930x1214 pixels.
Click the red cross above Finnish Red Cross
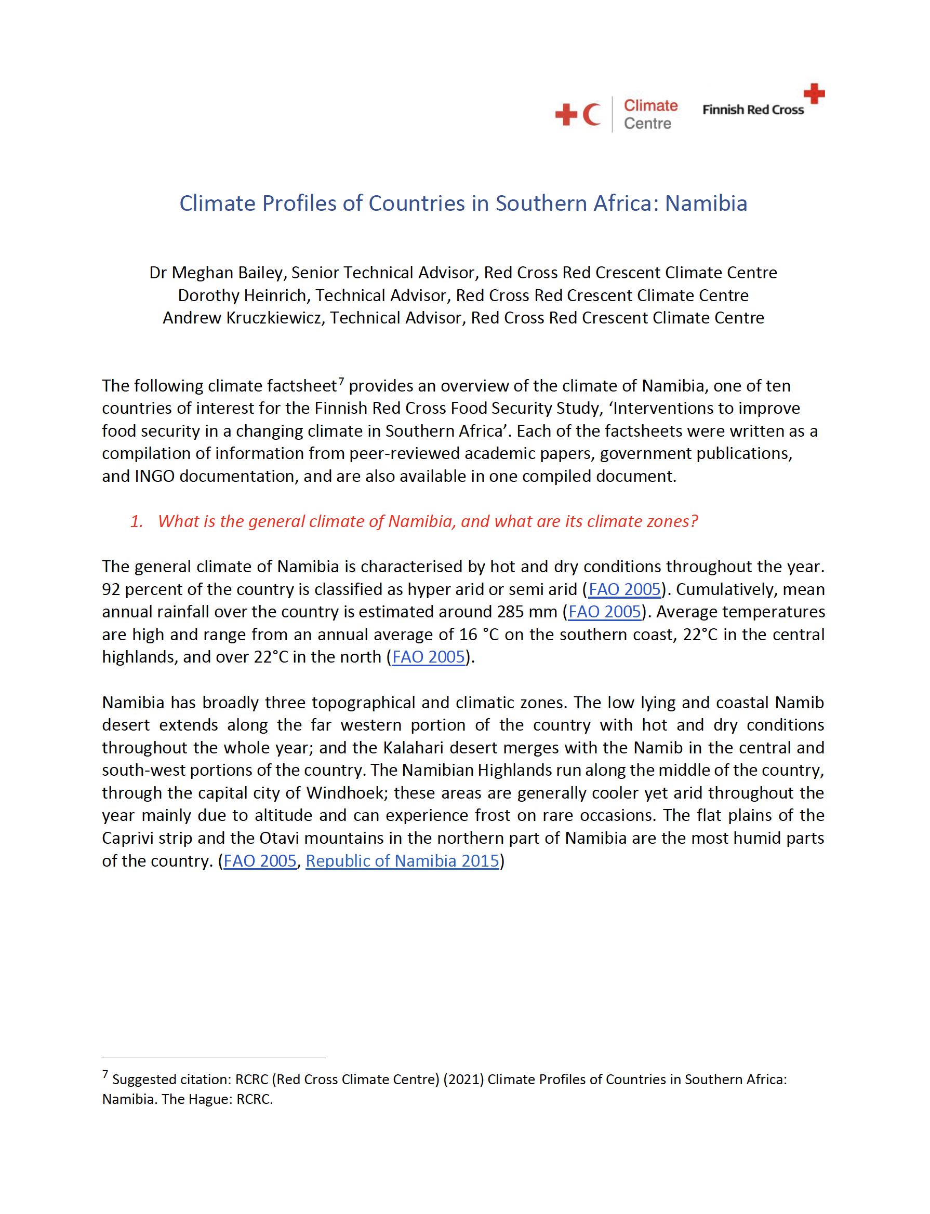814,93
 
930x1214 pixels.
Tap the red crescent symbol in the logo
591,115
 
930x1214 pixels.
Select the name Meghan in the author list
202,273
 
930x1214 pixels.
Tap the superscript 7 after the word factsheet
341,381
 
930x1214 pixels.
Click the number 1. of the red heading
137,521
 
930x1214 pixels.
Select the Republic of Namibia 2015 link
403,861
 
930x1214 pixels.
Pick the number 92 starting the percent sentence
111,589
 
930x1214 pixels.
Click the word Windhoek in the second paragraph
346,793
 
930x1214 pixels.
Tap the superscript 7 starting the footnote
105,1074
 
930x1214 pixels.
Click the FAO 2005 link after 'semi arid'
625,589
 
